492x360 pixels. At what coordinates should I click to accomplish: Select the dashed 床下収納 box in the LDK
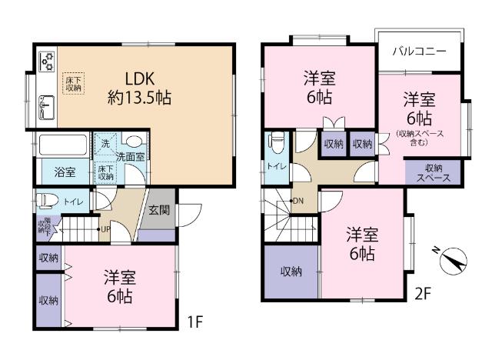pos(73,82)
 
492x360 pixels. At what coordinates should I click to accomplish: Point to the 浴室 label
pos(64,172)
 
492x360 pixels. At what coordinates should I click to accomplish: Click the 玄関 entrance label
pos(159,209)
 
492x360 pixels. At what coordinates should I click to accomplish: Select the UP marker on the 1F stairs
pos(105,228)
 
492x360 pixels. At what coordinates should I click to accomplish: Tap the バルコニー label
pos(419,53)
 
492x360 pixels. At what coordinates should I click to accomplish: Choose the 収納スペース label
pos(432,172)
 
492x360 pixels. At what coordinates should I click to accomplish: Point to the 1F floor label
pos(194,321)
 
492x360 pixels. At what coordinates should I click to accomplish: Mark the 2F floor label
pos(424,292)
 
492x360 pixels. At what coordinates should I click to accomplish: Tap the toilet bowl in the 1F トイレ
pos(48,202)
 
